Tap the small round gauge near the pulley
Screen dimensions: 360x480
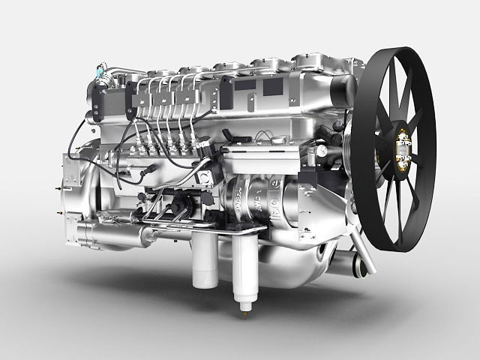[320, 151]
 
